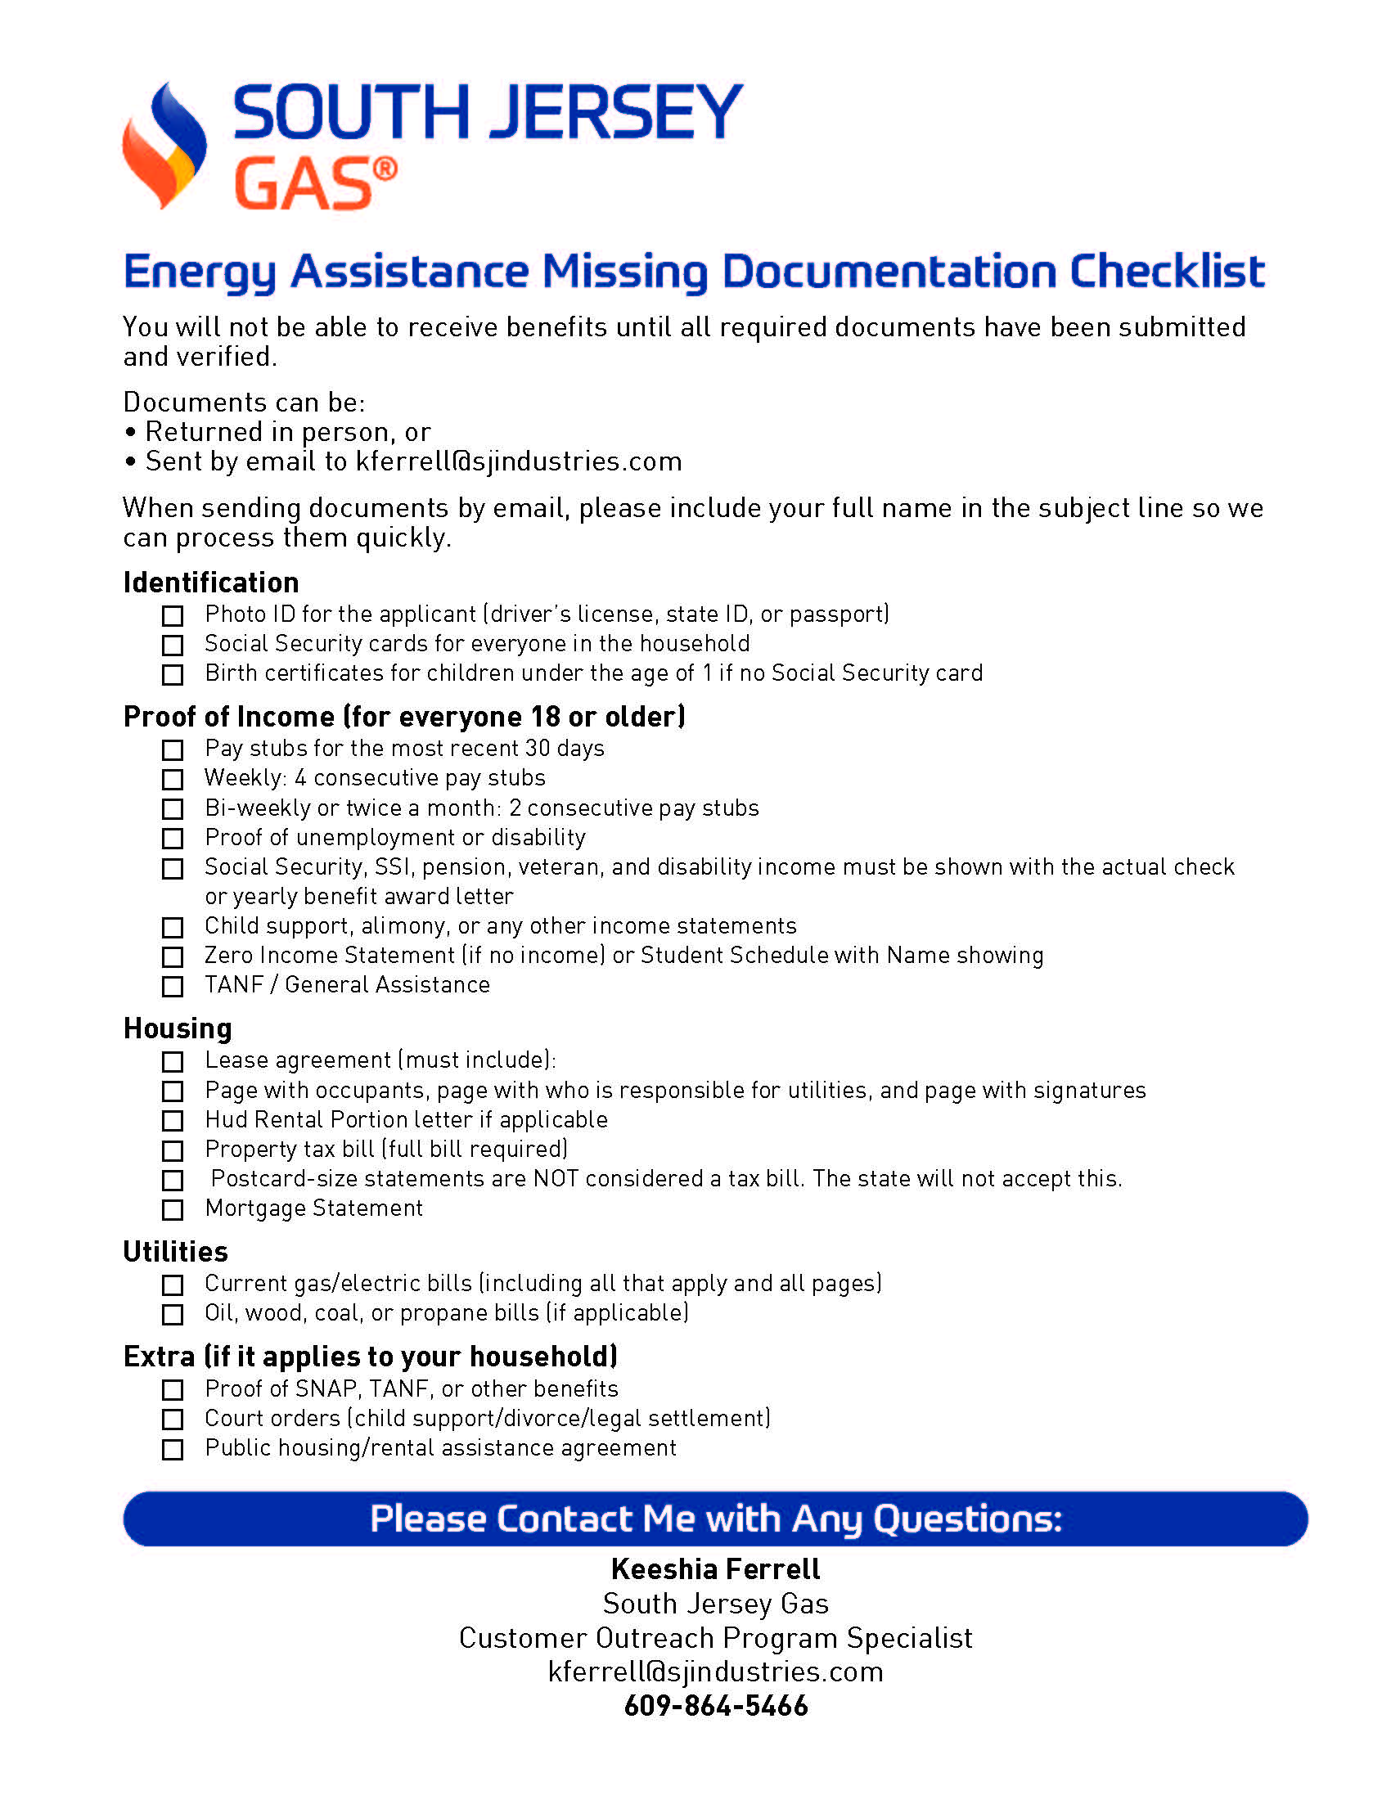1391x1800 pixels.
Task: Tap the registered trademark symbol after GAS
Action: coord(385,171)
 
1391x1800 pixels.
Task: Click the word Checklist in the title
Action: coord(1167,271)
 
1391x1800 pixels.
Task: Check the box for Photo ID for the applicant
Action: coord(172,615)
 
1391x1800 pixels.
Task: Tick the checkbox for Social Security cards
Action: coord(172,645)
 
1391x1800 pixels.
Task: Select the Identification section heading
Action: coord(211,583)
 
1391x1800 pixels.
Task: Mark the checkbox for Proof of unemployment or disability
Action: coord(172,839)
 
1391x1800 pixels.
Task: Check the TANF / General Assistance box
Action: coord(172,987)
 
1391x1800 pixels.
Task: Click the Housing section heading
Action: coord(178,1028)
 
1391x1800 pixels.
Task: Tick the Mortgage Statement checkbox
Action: coord(172,1210)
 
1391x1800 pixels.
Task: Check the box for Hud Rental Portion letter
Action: coord(172,1121)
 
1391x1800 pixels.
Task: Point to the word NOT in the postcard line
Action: coord(556,1178)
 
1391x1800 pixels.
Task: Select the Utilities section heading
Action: coord(176,1252)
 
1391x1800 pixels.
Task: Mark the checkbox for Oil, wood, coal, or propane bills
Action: coord(172,1315)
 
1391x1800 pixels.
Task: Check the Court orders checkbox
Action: coord(172,1420)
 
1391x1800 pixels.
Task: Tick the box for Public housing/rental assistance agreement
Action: coord(172,1450)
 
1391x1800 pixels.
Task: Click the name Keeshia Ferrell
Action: coord(715,1569)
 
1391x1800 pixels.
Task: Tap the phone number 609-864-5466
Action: coord(715,1706)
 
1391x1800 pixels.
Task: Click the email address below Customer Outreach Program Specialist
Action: coord(715,1672)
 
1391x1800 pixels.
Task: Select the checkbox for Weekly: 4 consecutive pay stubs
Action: coord(172,779)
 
